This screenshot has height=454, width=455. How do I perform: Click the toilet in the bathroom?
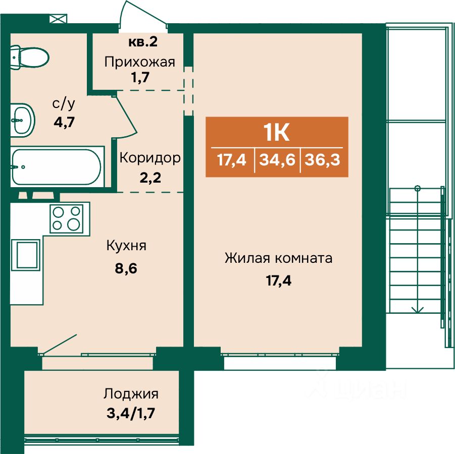pos(29,58)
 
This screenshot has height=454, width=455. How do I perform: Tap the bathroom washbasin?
pos(22,120)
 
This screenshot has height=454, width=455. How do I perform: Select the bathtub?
pos(57,167)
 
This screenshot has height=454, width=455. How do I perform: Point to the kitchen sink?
pos(26,255)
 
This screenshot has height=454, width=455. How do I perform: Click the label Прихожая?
pos(139,63)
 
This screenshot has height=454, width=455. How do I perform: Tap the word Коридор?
pos(150,158)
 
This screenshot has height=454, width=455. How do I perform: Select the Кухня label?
pos(127,246)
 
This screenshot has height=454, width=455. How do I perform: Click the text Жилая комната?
pos(279,258)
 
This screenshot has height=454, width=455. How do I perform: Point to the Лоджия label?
pos(131,394)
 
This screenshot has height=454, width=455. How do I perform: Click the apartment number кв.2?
pos(143,42)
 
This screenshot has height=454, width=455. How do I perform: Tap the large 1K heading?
pos(276,133)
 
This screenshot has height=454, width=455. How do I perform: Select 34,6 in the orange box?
pos(277,160)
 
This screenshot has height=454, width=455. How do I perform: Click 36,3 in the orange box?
pos(322,160)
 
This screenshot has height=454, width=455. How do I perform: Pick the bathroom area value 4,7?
pos(64,122)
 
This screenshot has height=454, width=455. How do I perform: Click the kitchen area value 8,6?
pos(126,268)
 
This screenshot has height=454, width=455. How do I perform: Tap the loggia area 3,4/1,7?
pos(131,414)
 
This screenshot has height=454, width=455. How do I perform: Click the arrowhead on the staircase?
pos(417,310)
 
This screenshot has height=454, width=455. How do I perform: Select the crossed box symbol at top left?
pos(58,19)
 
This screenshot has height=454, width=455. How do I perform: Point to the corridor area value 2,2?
pos(150,178)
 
